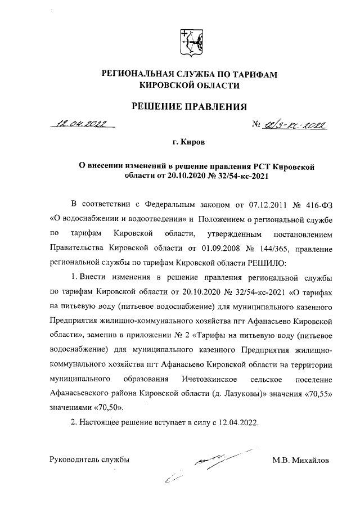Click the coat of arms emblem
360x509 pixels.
pos(188,42)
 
